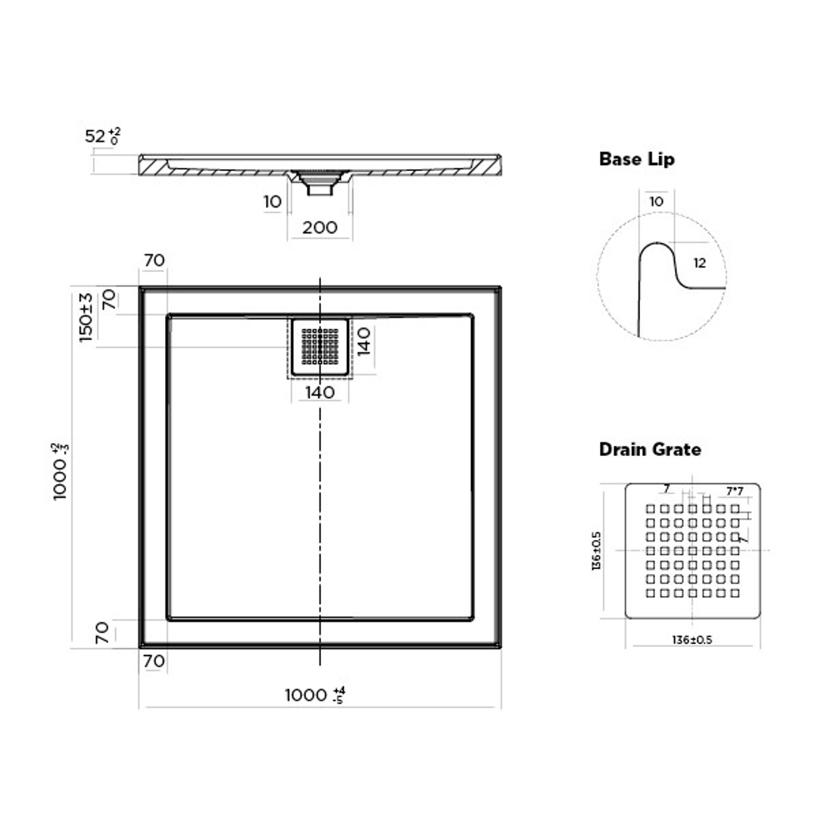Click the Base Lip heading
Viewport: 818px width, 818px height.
pyautogui.click(x=636, y=159)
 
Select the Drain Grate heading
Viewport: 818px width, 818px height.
pyautogui.click(x=650, y=449)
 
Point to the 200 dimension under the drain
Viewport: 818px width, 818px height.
pyautogui.click(x=320, y=227)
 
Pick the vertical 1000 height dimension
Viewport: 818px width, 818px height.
pyautogui.click(x=64, y=470)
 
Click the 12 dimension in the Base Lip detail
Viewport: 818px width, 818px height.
pyautogui.click(x=699, y=263)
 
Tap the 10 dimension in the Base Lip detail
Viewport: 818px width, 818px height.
pyautogui.click(x=656, y=202)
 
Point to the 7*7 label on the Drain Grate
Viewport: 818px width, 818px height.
pyautogui.click(x=733, y=492)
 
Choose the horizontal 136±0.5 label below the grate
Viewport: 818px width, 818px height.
pyautogui.click(x=692, y=640)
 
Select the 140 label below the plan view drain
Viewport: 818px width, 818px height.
pyautogui.click(x=320, y=392)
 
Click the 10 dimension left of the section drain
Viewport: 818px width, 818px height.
pyautogui.click(x=273, y=201)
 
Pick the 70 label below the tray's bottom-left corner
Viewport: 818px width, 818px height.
pyautogui.click(x=154, y=660)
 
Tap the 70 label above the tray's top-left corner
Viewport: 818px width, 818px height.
pyautogui.click(x=154, y=260)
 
